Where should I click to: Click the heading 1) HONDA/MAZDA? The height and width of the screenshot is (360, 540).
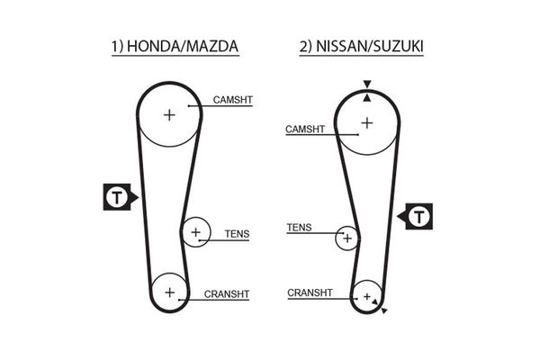click(x=175, y=46)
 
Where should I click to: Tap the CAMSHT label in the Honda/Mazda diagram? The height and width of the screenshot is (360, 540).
click(x=232, y=99)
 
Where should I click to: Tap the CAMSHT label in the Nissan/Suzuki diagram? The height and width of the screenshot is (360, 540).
click(x=304, y=130)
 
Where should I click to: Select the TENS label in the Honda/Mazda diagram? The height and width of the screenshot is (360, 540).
click(x=237, y=234)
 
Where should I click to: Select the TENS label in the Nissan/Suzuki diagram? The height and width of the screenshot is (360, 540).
click(x=299, y=228)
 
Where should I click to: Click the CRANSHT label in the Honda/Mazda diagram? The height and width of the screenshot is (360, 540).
click(x=227, y=294)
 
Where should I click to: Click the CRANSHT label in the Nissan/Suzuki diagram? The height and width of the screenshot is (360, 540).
click(x=310, y=292)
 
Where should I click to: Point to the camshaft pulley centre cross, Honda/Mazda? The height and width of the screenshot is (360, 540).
click(x=169, y=114)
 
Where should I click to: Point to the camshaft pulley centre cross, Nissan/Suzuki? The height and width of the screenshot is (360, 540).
click(x=366, y=121)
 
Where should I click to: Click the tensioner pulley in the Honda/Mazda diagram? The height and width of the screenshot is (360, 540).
click(x=195, y=233)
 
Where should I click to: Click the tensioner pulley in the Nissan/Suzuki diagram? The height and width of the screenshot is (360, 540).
click(x=347, y=238)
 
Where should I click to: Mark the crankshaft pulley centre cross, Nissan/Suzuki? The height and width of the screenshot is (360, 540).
click(x=366, y=296)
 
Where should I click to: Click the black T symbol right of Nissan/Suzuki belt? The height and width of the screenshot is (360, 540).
click(x=418, y=216)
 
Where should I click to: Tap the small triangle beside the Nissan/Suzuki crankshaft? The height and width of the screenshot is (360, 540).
click(x=384, y=310)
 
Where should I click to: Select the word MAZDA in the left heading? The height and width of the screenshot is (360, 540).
click(x=214, y=46)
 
